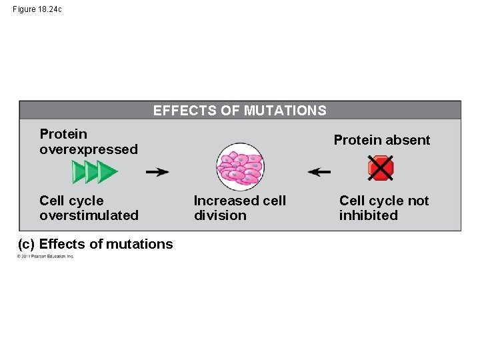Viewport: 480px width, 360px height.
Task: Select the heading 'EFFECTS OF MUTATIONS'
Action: coord(240,111)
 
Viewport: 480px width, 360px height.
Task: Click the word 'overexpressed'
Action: coord(89,149)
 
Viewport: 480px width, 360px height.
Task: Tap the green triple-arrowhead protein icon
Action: coord(95,172)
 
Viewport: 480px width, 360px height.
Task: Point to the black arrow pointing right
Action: coord(157,172)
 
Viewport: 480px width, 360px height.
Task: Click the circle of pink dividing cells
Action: coord(240,167)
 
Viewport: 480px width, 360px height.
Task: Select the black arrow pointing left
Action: coord(319,172)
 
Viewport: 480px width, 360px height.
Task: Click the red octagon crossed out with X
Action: coord(381,168)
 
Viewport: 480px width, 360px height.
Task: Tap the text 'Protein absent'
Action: coord(382,140)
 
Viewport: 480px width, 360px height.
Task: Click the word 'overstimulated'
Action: coord(89,215)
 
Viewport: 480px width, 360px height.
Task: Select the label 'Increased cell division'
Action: coord(239,208)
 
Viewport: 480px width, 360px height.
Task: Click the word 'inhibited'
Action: coord(368,215)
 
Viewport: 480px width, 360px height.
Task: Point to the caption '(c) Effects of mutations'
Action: coord(95,244)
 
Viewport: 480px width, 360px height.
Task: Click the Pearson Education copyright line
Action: coord(46,257)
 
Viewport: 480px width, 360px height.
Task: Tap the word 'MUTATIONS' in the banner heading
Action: coord(285,111)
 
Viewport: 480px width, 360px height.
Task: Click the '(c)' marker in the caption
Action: coord(27,244)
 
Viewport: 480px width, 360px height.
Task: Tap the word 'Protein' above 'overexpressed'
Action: coord(63,134)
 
